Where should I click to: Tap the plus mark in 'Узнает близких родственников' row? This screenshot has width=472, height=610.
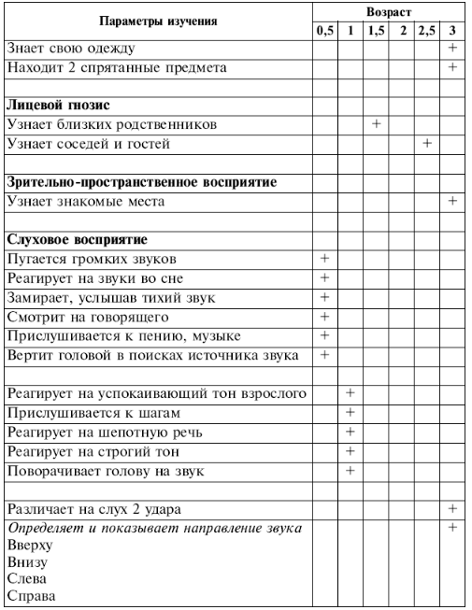(x=376, y=123)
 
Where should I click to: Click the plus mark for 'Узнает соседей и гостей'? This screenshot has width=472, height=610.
(x=427, y=143)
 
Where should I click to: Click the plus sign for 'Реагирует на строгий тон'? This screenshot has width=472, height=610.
(x=350, y=450)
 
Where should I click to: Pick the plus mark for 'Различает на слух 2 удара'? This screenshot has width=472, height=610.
(x=453, y=509)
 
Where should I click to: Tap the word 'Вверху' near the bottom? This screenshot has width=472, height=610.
(x=29, y=546)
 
